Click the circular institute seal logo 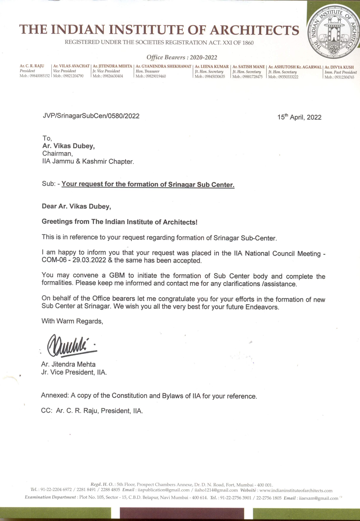coord(332,33)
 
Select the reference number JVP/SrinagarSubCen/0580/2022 coord(91,116)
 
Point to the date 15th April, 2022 coord(299,117)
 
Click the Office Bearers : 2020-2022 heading coord(182,58)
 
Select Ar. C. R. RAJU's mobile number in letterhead coord(35,76)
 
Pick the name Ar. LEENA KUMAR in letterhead coord(212,67)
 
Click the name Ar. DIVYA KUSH coord(339,67)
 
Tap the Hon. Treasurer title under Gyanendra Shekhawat coord(148,71)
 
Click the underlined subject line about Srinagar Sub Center coord(148,184)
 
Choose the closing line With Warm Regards coord(72,321)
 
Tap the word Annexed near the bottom coord(55,396)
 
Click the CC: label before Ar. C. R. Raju coord(47,411)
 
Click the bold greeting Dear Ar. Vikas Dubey coord(76,206)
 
